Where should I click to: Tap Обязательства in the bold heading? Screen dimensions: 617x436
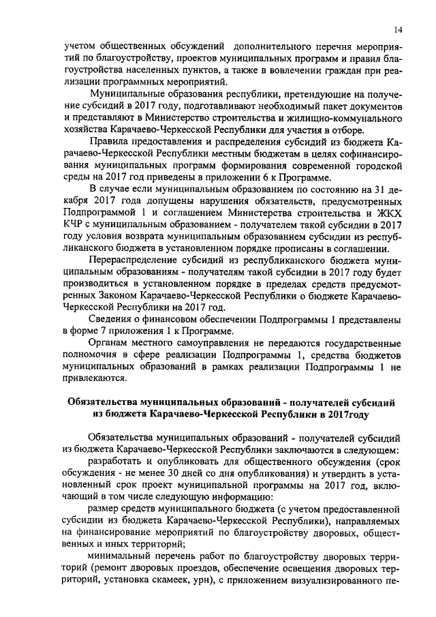(x=102, y=402)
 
